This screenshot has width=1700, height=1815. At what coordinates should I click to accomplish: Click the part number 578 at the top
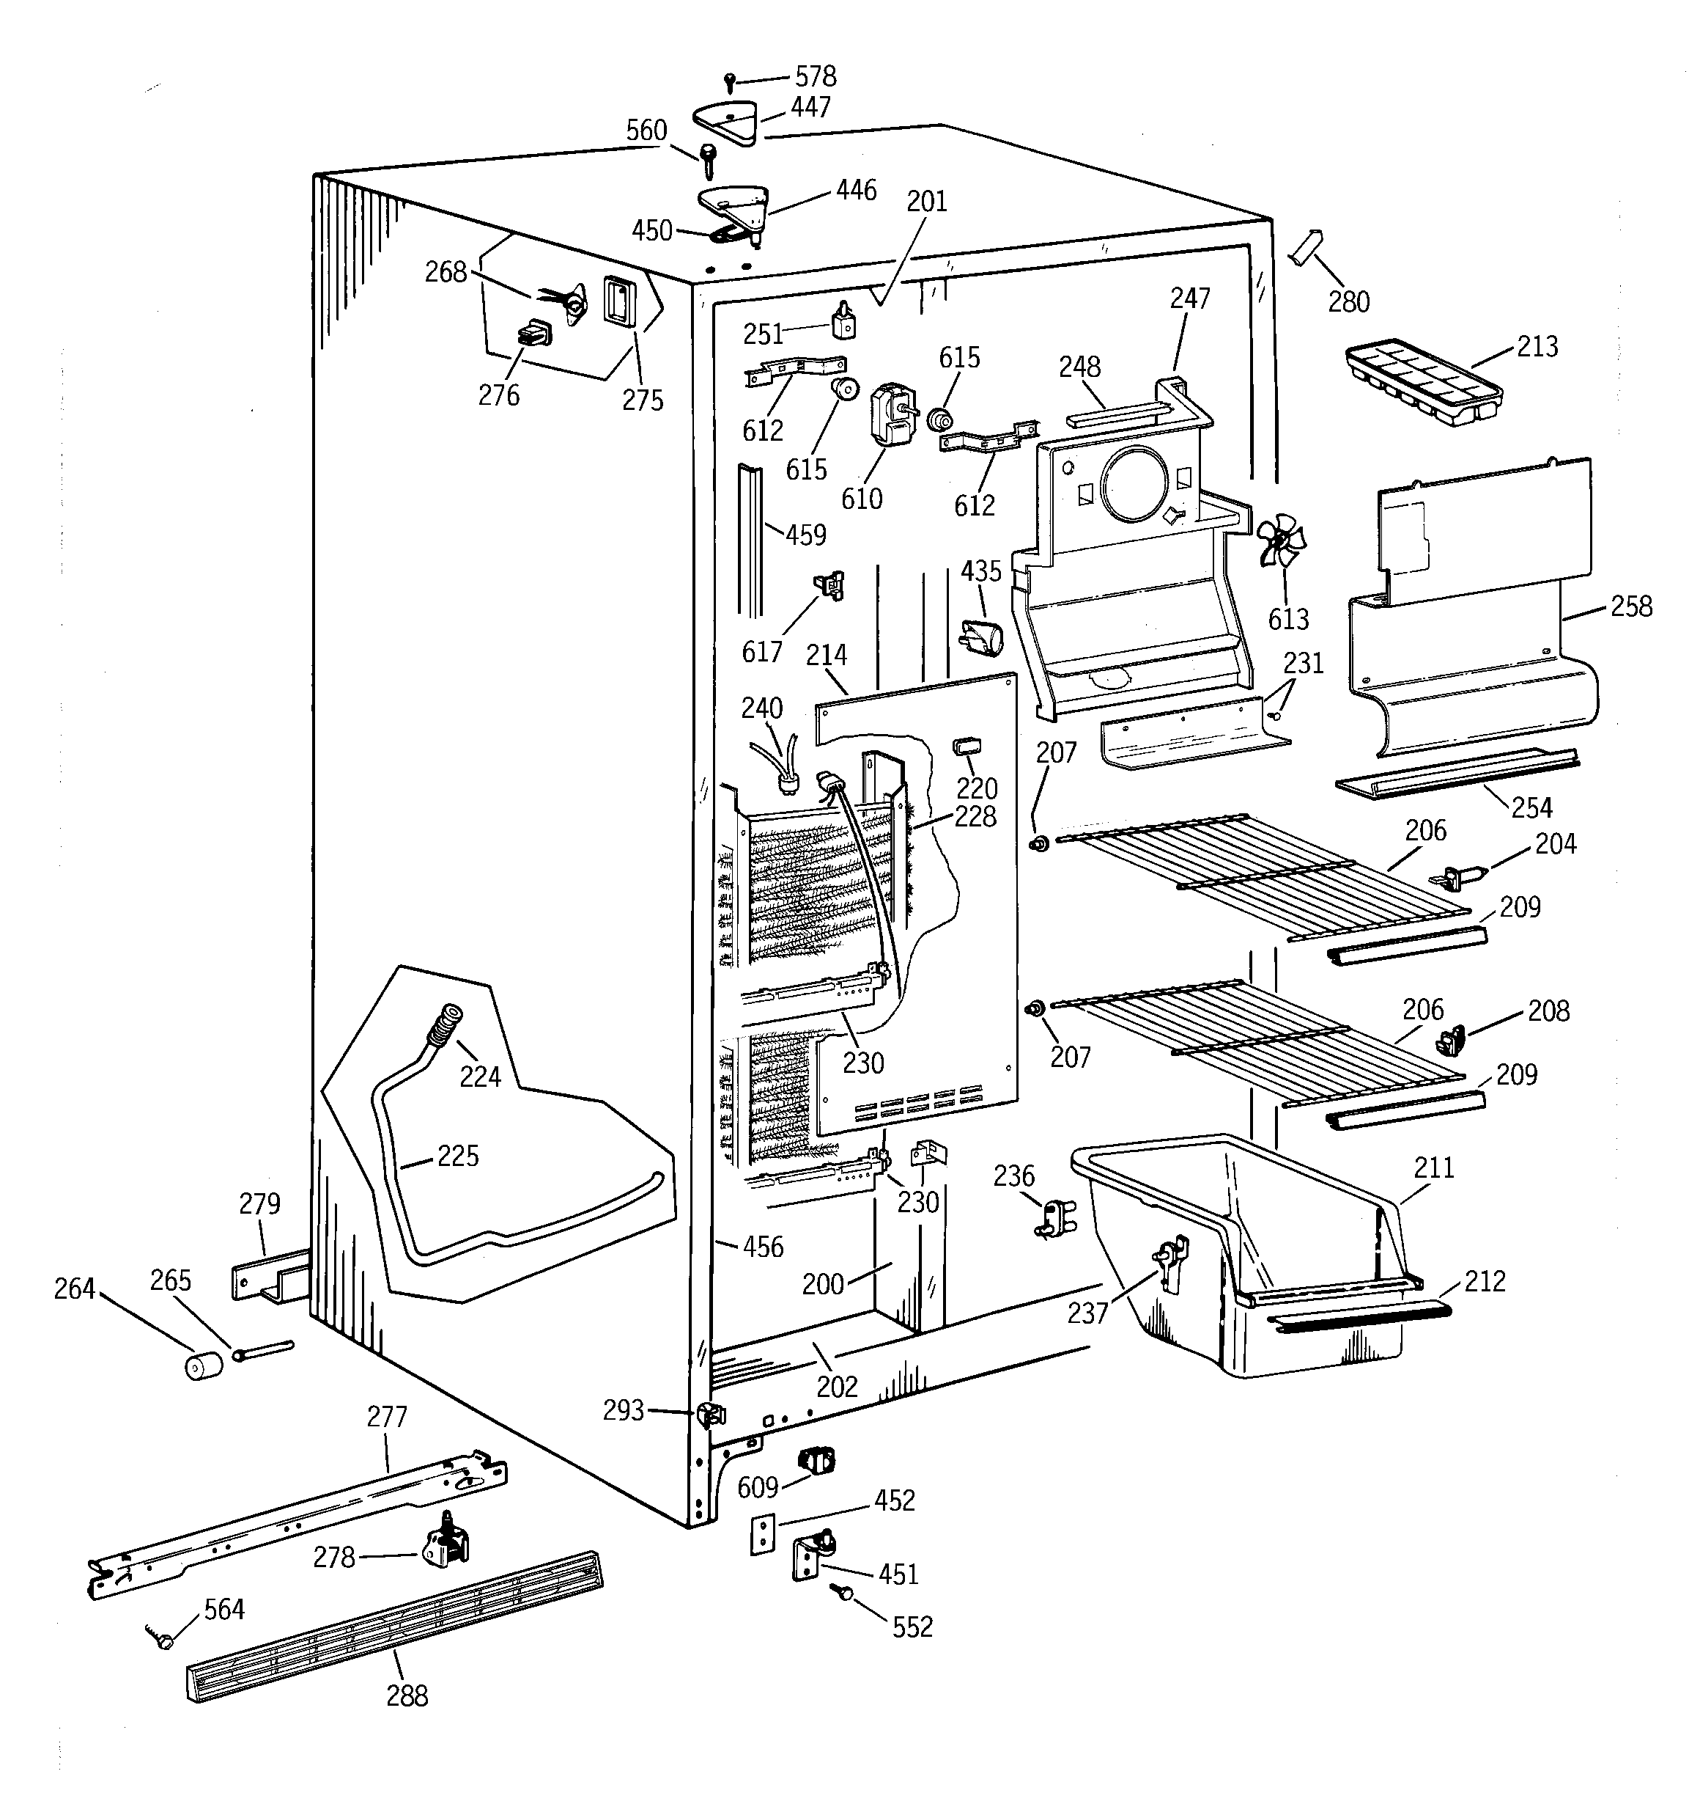click(815, 77)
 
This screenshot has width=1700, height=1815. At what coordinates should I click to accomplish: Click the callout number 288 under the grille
click(406, 1695)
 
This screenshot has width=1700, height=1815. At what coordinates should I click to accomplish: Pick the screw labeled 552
click(844, 1593)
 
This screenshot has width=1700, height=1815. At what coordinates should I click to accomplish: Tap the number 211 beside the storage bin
click(1433, 1167)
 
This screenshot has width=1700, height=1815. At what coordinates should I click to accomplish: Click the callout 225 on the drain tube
click(457, 1156)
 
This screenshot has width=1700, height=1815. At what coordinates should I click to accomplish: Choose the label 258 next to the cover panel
click(1630, 606)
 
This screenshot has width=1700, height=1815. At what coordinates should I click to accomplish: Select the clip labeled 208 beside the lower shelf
click(1450, 1039)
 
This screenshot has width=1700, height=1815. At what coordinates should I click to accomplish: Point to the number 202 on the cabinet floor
click(836, 1386)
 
